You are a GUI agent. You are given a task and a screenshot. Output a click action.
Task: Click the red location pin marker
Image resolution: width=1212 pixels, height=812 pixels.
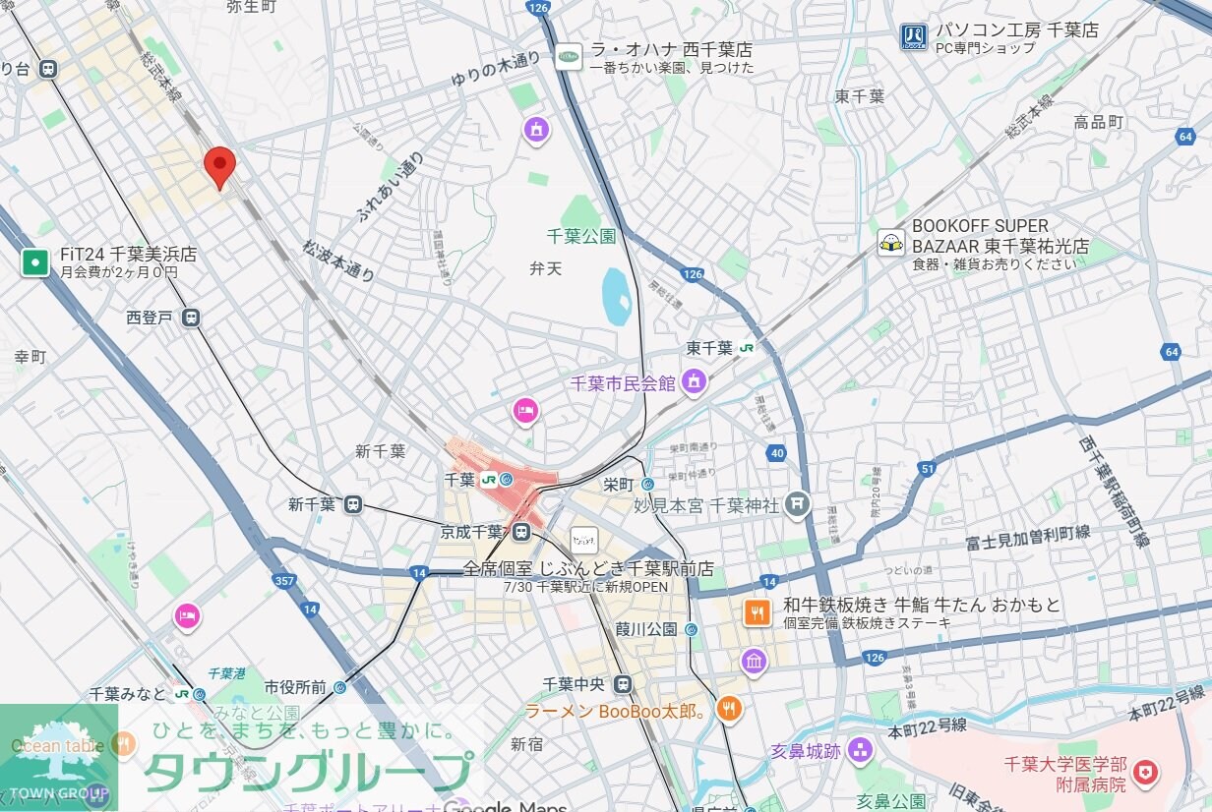click(x=219, y=165)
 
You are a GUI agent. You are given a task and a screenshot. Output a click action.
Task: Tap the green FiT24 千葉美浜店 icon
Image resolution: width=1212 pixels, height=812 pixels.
click(x=35, y=262)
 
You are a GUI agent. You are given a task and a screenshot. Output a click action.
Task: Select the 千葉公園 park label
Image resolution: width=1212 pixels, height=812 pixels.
click(x=580, y=236)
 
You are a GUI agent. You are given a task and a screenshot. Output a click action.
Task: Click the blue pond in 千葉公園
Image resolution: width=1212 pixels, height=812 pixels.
click(x=617, y=296)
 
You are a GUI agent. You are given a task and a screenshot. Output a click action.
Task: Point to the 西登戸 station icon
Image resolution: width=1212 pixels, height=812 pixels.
click(x=191, y=318)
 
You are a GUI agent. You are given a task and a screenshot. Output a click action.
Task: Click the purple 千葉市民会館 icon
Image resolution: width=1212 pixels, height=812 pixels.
click(x=695, y=382)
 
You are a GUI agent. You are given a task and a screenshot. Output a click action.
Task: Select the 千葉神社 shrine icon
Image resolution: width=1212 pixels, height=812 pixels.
click(x=798, y=504)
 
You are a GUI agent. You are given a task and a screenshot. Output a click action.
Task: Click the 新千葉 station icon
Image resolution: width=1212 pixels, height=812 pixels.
click(x=353, y=504)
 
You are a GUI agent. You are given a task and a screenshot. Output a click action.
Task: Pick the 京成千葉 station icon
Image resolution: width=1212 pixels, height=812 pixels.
click(x=520, y=532)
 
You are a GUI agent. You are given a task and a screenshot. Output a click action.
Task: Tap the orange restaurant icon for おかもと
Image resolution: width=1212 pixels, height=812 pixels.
click(x=757, y=613)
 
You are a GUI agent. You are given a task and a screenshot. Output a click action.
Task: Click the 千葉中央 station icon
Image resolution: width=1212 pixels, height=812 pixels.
click(x=622, y=684)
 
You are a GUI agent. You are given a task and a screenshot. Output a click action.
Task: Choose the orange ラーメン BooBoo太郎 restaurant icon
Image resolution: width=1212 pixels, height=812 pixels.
click(x=728, y=709)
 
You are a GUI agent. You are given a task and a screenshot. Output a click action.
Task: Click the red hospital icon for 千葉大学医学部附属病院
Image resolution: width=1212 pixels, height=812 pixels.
click(x=1144, y=774)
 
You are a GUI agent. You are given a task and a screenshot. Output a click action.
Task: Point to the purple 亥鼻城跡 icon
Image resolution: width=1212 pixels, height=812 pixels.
click(x=861, y=751)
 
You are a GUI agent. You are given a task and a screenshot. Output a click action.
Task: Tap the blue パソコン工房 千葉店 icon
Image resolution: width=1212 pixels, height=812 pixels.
click(x=913, y=37)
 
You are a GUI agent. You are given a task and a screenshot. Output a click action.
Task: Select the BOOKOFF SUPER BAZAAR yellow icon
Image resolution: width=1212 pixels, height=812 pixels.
click(x=891, y=242)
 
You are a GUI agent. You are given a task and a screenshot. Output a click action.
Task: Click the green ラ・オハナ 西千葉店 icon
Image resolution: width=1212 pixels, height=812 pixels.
click(x=569, y=57)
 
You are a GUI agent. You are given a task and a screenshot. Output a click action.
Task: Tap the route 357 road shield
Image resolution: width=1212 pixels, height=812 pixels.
click(x=285, y=581)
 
